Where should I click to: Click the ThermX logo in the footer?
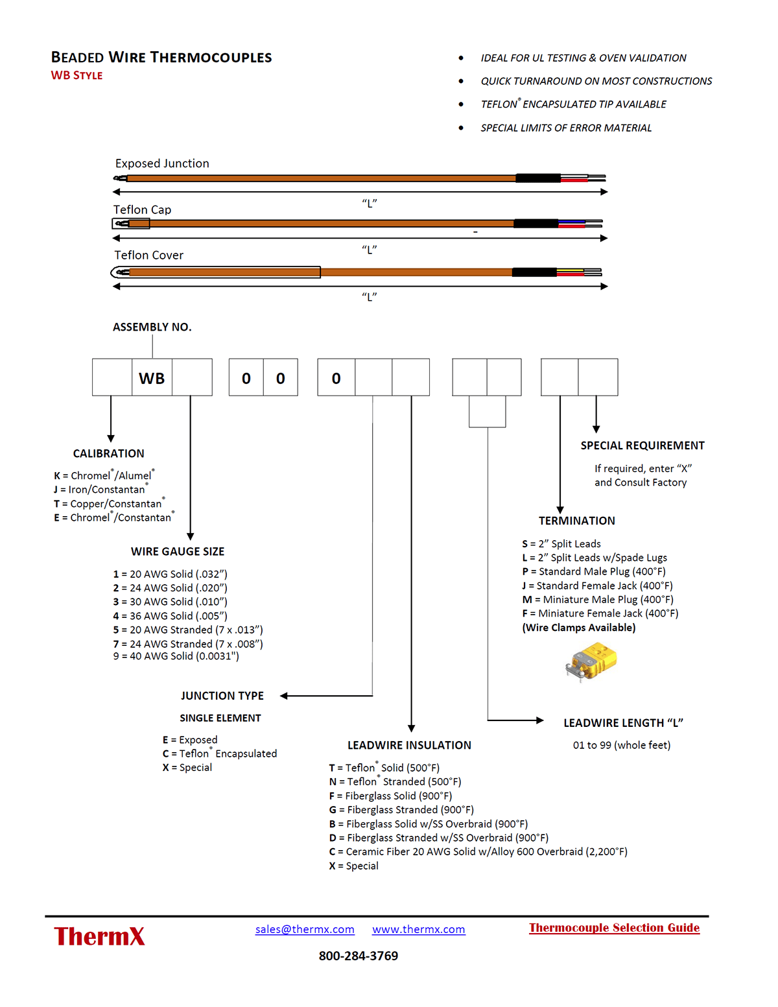pyautogui.click(x=99, y=936)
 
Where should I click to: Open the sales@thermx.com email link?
pyautogui.click(x=305, y=929)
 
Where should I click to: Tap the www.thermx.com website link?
pyautogui.click(x=418, y=929)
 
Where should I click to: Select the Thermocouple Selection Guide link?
pyautogui.click(x=614, y=928)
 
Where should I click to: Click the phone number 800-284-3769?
pyautogui.click(x=358, y=956)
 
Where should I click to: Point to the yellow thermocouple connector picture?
pyautogui.click(x=591, y=661)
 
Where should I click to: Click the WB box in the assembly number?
pyautogui.click(x=152, y=378)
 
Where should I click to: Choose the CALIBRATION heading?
pyautogui.click(x=108, y=453)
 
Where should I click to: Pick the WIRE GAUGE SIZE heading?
pyautogui.click(x=178, y=551)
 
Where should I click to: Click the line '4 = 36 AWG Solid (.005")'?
pyautogui.click(x=170, y=616)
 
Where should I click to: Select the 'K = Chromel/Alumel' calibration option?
pyautogui.click(x=104, y=475)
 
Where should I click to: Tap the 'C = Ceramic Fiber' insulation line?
pyautogui.click(x=478, y=851)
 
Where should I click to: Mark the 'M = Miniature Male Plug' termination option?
pyautogui.click(x=597, y=599)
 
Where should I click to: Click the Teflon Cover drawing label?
pyautogui.click(x=148, y=255)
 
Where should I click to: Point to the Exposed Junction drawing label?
pyautogui.click(x=162, y=163)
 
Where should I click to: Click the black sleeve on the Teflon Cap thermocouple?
pyautogui.click(x=536, y=224)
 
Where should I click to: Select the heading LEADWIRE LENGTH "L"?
pyautogui.click(x=623, y=723)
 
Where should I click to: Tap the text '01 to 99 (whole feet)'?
pyautogui.click(x=621, y=745)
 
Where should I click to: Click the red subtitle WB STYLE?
pyautogui.click(x=77, y=76)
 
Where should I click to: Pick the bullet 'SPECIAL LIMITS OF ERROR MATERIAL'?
pyautogui.click(x=566, y=128)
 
